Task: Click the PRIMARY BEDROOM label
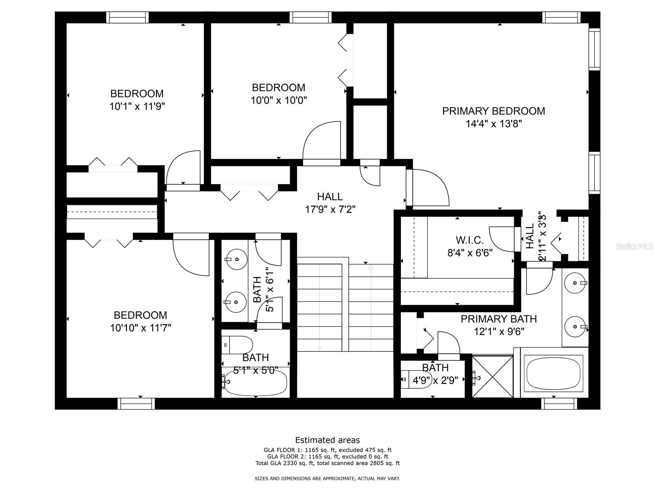coord(493,111)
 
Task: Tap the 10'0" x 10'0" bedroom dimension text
coord(279,100)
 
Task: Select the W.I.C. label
coord(470,240)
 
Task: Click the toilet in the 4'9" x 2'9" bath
coord(416,379)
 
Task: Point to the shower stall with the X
coord(492,376)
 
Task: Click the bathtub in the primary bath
coord(555,373)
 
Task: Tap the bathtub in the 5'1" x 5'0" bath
coord(255,383)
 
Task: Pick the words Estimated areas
coord(327,440)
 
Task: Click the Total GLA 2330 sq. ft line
coord(327,463)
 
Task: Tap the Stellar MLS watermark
coord(634,246)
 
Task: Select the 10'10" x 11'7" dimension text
coord(140,328)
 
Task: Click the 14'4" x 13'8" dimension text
coord(494,124)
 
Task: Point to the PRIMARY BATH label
coord(499,319)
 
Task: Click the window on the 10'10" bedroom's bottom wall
coord(136,403)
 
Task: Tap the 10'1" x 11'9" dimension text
coord(137,106)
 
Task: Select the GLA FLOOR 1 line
coord(327,450)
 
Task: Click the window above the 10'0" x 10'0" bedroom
coord(310,17)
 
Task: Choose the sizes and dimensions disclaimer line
coord(327,478)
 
